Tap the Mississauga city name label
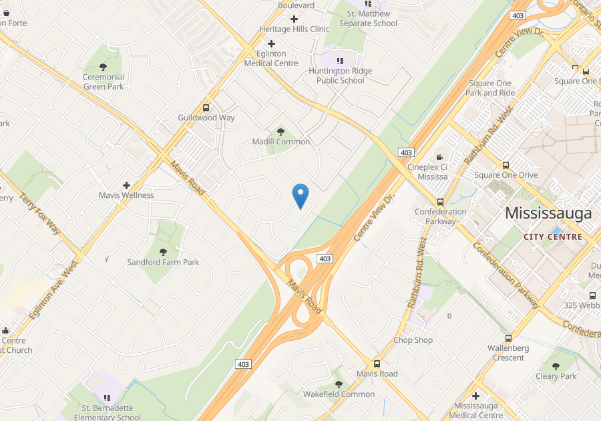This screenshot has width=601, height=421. point(548,214)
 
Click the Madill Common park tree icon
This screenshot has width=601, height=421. point(280,131)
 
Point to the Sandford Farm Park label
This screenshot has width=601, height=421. point(163,263)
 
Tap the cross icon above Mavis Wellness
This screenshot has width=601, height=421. point(126,185)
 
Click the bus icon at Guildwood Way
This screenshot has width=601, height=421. point(206,108)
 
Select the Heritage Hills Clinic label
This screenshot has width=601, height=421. point(294,29)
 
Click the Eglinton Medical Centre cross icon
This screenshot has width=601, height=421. point(271,43)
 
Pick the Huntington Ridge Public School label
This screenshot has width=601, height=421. point(341,76)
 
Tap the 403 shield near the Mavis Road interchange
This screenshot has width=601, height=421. point(325,259)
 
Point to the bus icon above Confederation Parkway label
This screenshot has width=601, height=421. point(440,202)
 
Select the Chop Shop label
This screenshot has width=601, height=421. point(413,340)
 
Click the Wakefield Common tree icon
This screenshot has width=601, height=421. point(339,384)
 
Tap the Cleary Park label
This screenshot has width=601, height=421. point(556,376)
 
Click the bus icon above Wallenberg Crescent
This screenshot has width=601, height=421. point(508,338)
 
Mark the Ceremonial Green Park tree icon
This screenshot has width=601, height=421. point(103,67)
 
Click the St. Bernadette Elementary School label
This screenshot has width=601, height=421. point(107,412)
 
